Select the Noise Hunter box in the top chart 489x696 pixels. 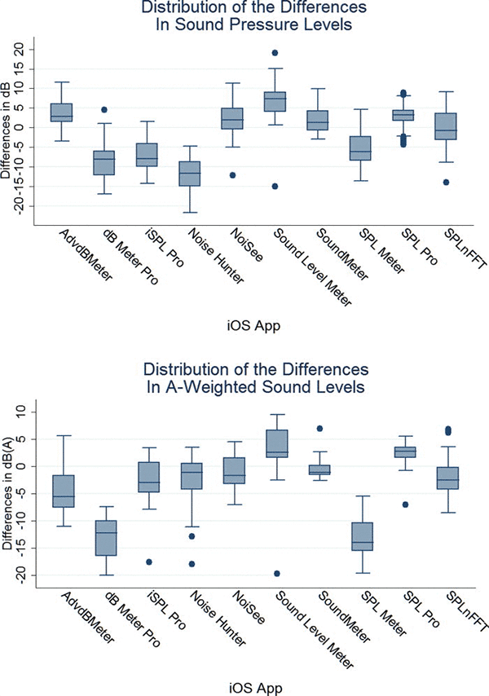[x=190, y=174]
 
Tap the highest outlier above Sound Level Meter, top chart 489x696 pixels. [x=275, y=53]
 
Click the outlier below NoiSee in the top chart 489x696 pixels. [x=232, y=175]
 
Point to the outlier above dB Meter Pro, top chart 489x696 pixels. [x=104, y=109]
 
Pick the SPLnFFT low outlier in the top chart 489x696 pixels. [x=447, y=182]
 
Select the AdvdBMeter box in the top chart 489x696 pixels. [x=61, y=112]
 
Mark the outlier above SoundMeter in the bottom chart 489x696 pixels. [x=320, y=429]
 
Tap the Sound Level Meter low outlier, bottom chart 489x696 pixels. [x=275, y=574]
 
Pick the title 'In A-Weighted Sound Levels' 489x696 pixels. [x=245, y=388]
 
